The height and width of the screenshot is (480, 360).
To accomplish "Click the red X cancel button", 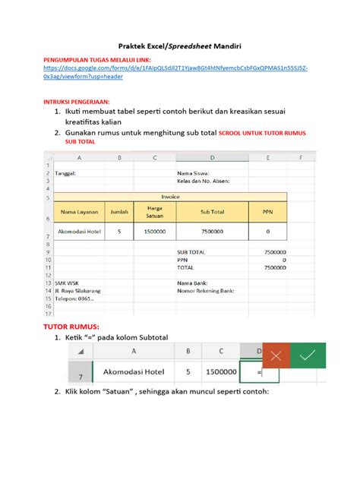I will [x=276, y=355].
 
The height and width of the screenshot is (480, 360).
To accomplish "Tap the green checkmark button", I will [x=307, y=355].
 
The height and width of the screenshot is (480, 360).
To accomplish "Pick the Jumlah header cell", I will [x=119, y=212].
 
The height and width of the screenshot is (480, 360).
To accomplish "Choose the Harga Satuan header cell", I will [x=154, y=212].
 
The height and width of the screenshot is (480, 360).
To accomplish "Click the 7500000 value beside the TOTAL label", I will [x=270, y=267].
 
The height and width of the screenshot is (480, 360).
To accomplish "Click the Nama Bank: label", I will [x=194, y=282].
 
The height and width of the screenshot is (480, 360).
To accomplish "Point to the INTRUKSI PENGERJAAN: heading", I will [x=77, y=99].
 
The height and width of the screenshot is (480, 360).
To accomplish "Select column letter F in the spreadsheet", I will [x=301, y=158].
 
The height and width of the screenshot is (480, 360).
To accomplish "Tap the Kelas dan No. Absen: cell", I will [x=203, y=181].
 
